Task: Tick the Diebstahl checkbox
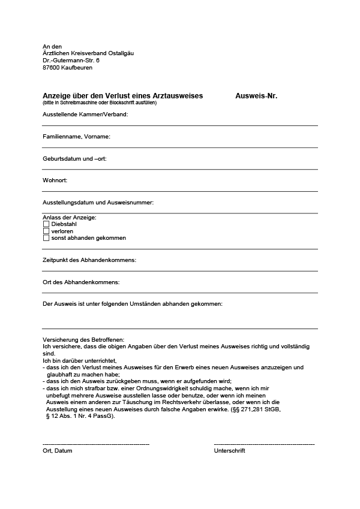pos(46,224)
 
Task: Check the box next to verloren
pos(46,231)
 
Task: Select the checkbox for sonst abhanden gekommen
pos(46,238)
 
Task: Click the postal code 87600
pos(51,68)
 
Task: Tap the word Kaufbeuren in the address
pos(77,68)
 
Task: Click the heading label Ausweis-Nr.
pos(256,96)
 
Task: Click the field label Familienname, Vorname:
pos(76,137)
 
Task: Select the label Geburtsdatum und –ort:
pos(74,159)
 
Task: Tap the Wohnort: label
pos(55,180)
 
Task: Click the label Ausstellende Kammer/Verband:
pos(85,114)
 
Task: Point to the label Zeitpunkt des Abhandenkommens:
pos(89,260)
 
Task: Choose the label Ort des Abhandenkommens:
pos(81,282)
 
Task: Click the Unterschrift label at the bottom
pos(229,450)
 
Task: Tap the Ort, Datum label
pos(57,450)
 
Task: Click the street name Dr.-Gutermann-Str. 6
pos(71,61)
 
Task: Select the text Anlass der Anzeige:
pos(70,217)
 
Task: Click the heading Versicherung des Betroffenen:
pos(83,340)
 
